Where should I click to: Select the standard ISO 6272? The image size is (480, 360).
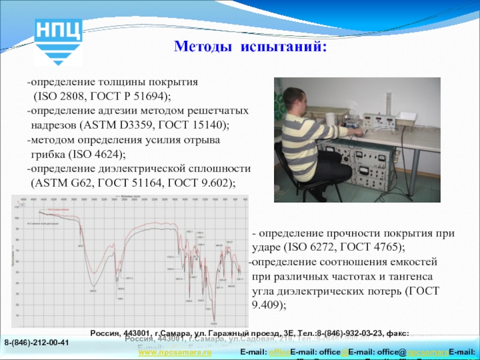tap(311, 247)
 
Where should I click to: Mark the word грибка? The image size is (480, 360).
tap(47, 154)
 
